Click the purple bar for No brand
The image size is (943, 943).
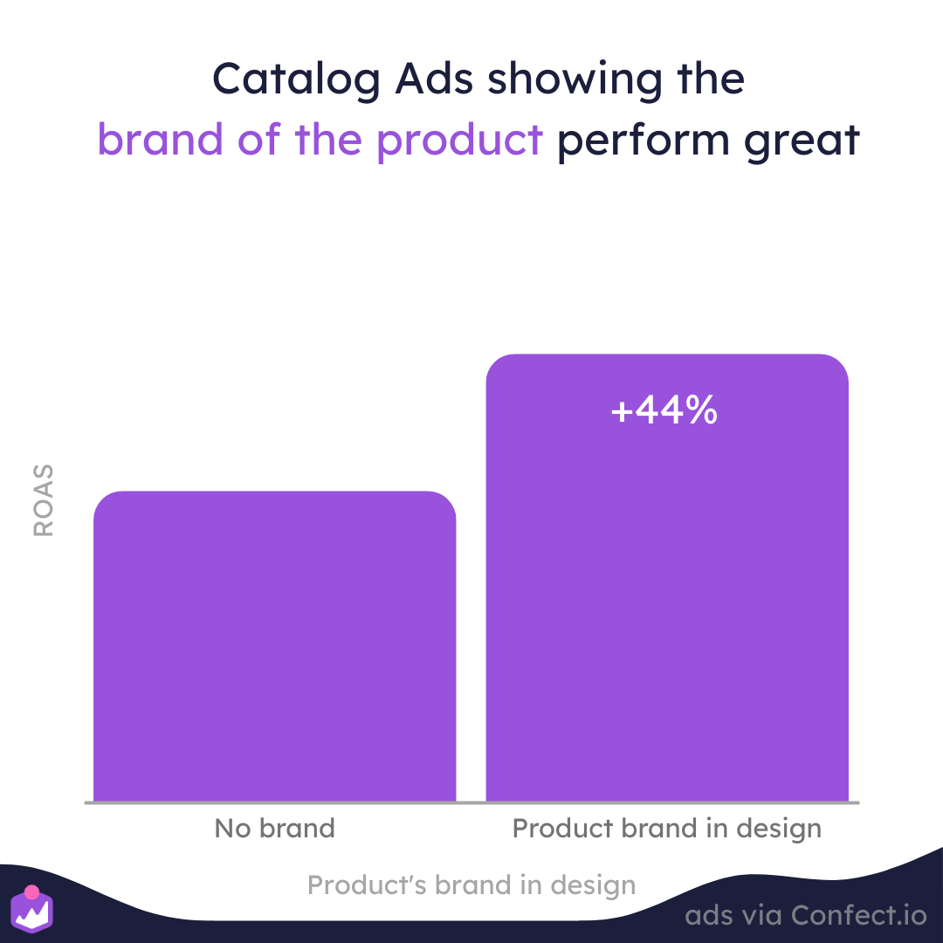click(274, 646)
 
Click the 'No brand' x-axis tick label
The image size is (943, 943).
click(274, 828)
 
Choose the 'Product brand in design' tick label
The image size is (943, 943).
click(667, 828)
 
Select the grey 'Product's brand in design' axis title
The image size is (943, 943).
click(471, 885)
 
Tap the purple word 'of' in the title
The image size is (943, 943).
click(259, 141)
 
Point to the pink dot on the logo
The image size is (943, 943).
click(31, 893)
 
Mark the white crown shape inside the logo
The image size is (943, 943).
click(32, 916)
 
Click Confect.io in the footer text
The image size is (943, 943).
click(859, 915)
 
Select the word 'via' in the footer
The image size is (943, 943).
click(760, 915)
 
